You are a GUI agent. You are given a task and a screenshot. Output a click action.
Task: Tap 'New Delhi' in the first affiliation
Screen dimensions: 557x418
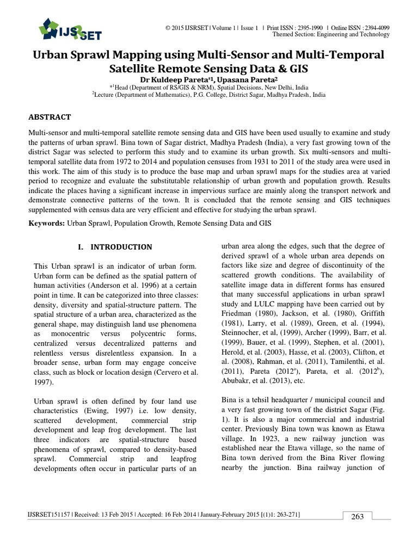(280, 87)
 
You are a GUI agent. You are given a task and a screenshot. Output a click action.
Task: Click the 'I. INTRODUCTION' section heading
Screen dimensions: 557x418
(115, 247)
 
